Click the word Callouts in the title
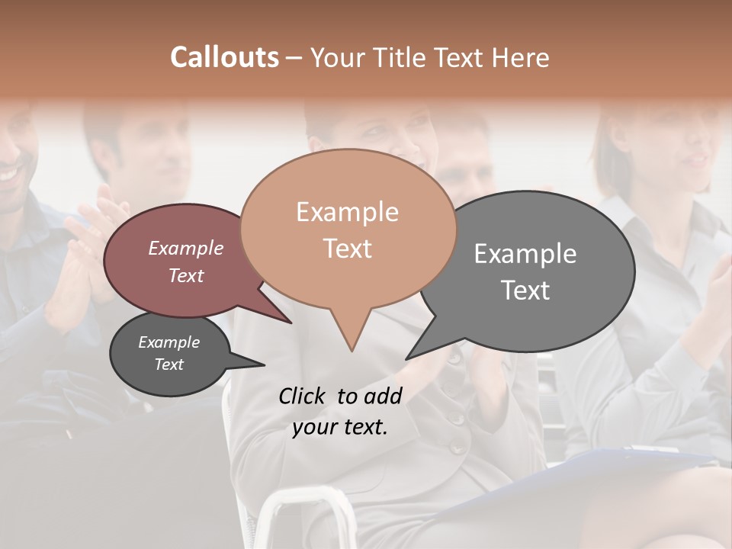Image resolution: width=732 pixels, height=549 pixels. pyautogui.click(x=224, y=57)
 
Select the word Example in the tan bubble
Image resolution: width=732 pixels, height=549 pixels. pyautogui.click(x=347, y=212)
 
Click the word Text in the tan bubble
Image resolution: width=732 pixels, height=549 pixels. pyautogui.click(x=347, y=249)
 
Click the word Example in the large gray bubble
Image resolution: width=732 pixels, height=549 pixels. pyautogui.click(x=525, y=254)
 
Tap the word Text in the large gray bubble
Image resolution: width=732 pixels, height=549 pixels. pyautogui.click(x=525, y=291)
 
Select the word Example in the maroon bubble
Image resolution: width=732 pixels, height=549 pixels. pyautogui.click(x=185, y=249)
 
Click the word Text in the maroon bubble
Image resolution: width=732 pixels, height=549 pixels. pyautogui.click(x=185, y=276)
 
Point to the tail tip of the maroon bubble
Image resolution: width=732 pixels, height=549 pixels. pyautogui.click(x=291, y=322)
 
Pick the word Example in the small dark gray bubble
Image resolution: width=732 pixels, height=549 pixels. pyautogui.click(x=169, y=342)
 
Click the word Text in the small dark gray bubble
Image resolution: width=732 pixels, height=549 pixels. pyautogui.click(x=169, y=364)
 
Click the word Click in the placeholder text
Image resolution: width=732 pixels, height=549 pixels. pyautogui.click(x=303, y=396)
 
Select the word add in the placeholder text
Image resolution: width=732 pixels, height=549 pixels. pyautogui.click(x=383, y=396)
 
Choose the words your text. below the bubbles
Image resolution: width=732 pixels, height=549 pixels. pyautogui.click(x=339, y=427)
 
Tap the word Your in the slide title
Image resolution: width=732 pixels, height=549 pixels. pyautogui.click(x=336, y=57)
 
